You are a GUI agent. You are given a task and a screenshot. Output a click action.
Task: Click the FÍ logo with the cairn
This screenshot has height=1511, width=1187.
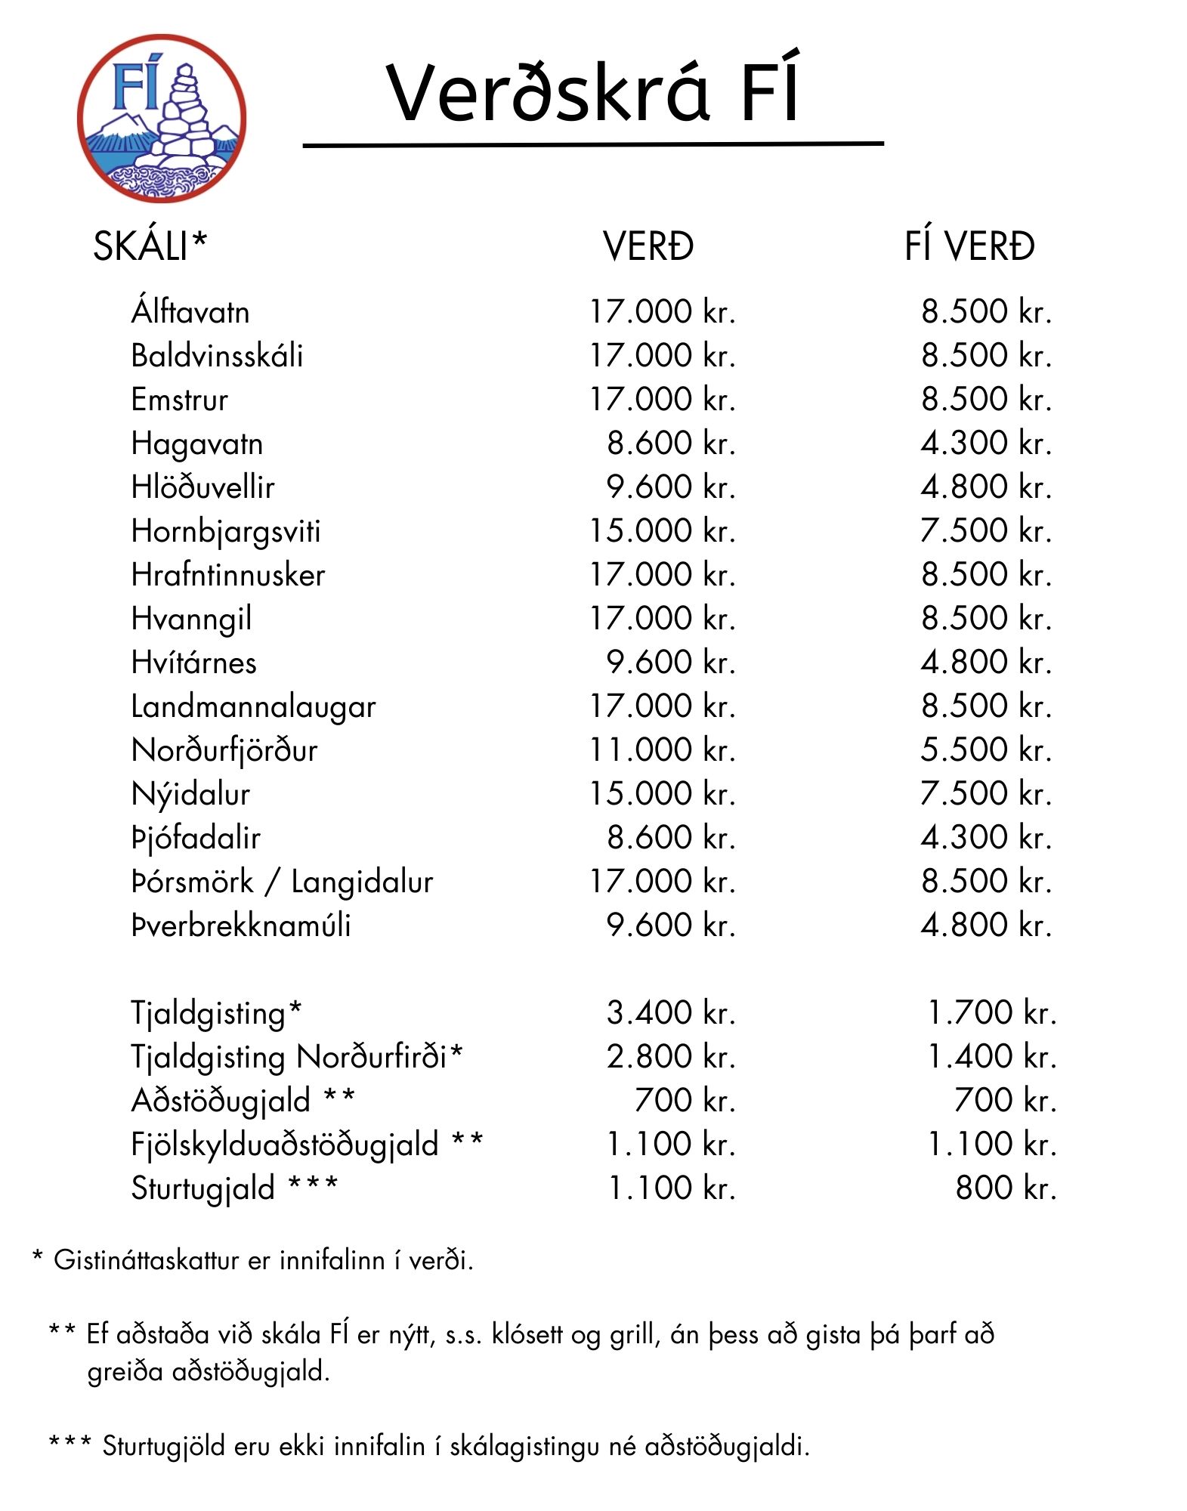pos(162,119)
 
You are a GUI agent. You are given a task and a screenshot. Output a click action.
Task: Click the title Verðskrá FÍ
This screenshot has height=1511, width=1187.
pos(592,93)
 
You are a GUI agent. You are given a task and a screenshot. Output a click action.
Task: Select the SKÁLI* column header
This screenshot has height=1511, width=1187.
pos(150,246)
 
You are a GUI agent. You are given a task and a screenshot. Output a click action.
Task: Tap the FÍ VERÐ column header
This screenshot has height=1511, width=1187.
pos(969,246)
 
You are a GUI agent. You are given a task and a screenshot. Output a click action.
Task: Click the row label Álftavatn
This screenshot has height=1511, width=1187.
pos(190,312)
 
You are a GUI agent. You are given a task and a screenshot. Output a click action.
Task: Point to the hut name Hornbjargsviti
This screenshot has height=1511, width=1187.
pos(226,532)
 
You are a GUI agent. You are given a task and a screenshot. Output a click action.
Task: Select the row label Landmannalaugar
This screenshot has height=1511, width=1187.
pos(253,707)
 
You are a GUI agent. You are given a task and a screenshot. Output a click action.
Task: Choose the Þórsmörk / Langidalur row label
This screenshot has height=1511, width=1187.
pos(282,882)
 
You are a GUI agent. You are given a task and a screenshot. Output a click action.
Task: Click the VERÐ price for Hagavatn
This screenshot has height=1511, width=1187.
pos(671,443)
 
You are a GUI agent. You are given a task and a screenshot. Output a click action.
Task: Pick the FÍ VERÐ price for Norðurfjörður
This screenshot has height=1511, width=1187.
pos(986,750)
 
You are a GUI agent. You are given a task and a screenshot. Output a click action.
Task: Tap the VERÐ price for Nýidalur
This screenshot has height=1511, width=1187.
pos(662,794)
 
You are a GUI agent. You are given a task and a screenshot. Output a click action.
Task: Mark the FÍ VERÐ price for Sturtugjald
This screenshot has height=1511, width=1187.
pos(1006,1188)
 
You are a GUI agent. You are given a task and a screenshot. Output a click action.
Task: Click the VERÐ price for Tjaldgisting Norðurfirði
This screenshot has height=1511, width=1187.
pos(671,1057)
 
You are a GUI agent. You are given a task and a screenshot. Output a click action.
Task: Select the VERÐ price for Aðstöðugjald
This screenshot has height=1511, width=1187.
pos(685,1101)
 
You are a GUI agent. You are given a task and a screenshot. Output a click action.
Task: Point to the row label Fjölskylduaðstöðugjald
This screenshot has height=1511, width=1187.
pos(284,1145)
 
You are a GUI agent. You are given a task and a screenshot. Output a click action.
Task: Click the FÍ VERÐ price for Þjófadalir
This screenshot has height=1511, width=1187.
pos(986,838)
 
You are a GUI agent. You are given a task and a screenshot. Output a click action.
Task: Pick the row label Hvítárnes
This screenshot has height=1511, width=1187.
pos(194,663)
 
